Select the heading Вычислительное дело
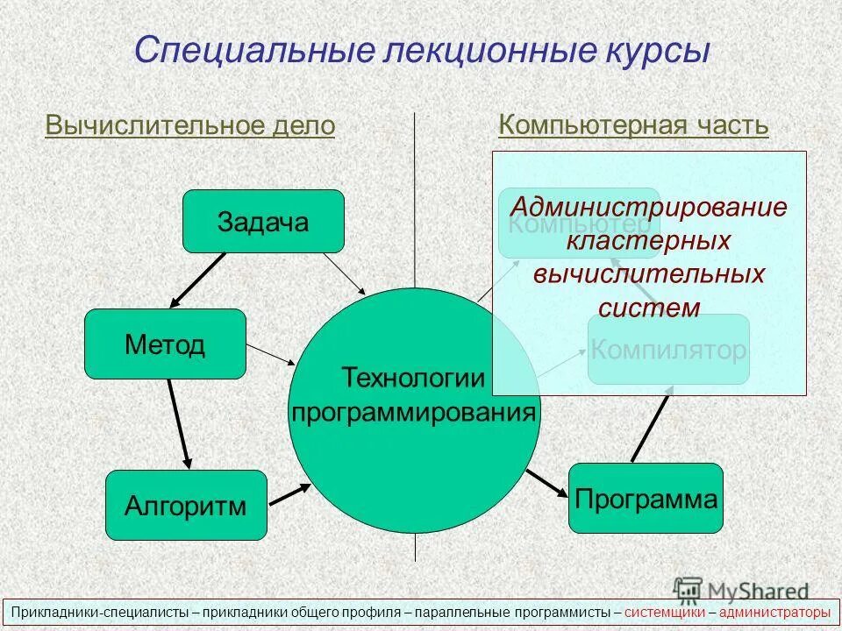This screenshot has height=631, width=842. (x=189, y=125)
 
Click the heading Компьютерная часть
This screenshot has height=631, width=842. (x=633, y=125)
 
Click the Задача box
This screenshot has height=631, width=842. (x=263, y=221)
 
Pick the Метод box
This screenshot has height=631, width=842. (x=165, y=344)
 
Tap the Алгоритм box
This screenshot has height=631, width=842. (x=185, y=505)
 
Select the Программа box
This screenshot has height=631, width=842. (x=646, y=499)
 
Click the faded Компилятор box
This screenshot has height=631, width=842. (x=668, y=350)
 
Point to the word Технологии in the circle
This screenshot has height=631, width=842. (x=413, y=378)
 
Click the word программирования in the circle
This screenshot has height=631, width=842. (x=413, y=411)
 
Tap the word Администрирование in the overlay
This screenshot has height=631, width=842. (x=649, y=208)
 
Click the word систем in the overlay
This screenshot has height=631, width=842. (x=649, y=308)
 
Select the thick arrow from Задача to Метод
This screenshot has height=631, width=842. (x=198, y=280)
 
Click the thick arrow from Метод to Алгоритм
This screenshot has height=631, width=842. (x=178, y=423)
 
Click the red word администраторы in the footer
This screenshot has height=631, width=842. (x=774, y=612)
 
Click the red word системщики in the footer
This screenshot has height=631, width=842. (x=665, y=612)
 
